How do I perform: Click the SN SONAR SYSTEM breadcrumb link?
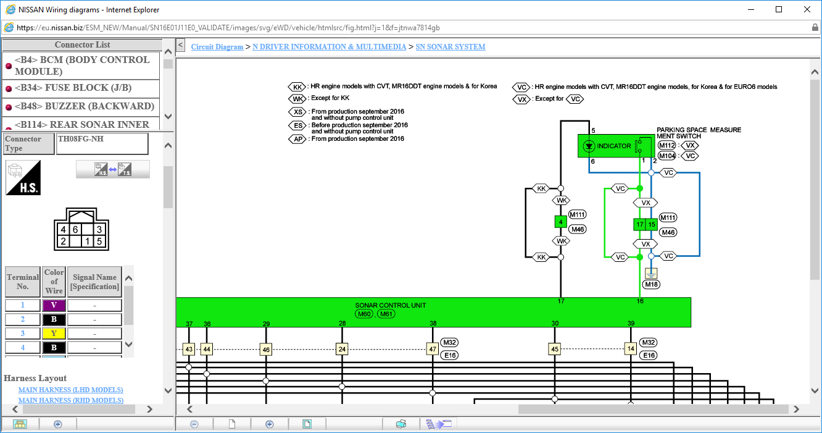pyautogui.click(x=450, y=47)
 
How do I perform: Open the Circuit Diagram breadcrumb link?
pyautogui.click(x=217, y=47)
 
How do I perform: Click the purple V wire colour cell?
pyautogui.click(x=54, y=305)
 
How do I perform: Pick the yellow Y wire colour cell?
pyautogui.click(x=54, y=334)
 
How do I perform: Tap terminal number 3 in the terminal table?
pyautogui.click(x=22, y=334)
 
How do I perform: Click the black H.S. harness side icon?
pyautogui.click(x=23, y=178)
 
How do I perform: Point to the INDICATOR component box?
pyautogui.click(x=616, y=146)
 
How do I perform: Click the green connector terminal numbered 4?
pyautogui.click(x=561, y=222)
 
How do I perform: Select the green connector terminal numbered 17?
pyautogui.click(x=639, y=224)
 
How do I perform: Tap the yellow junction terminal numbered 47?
pyautogui.click(x=433, y=349)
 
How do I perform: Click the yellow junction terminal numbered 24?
pyautogui.click(x=342, y=349)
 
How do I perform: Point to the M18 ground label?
pyautogui.click(x=651, y=284)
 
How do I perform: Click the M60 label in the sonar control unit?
pyautogui.click(x=364, y=314)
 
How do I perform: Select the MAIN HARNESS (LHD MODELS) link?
pyautogui.click(x=71, y=390)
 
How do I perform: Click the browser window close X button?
pyautogui.click(x=807, y=9)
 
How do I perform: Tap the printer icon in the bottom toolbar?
pyautogui.click(x=401, y=424)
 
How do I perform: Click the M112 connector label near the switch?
pyautogui.click(x=666, y=145)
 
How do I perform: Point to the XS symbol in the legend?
pyautogui.click(x=297, y=112)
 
